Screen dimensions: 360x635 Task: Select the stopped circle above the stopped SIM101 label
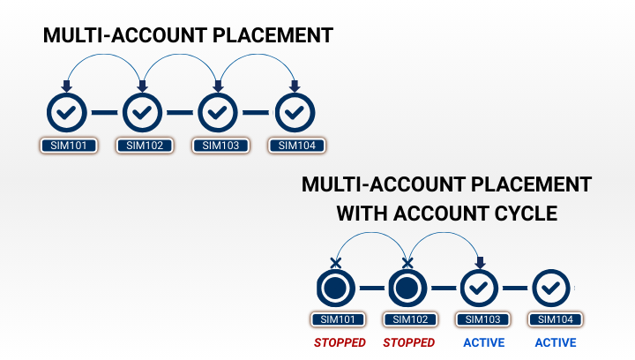[x=335, y=288]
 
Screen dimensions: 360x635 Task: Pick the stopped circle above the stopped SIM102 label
[x=407, y=288]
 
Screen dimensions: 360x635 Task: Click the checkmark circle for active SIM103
[x=480, y=288]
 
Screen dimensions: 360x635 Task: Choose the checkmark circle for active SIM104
[x=552, y=288]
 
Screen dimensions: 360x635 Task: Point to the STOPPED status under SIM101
[x=335, y=342]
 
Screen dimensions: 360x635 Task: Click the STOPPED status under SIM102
[x=408, y=342]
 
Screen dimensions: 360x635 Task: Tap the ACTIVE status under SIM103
[x=481, y=342]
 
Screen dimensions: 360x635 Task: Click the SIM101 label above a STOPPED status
[x=335, y=319]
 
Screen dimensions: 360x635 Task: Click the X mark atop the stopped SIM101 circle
[x=335, y=262]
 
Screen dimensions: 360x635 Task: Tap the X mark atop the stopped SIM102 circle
[x=407, y=262]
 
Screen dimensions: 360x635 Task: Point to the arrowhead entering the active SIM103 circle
[x=480, y=262]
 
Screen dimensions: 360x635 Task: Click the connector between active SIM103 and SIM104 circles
[x=516, y=288]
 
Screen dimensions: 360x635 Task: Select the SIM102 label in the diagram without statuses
[x=145, y=146]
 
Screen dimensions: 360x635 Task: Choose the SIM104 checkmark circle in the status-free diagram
[x=295, y=112]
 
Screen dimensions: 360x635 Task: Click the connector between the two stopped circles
[x=371, y=288]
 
